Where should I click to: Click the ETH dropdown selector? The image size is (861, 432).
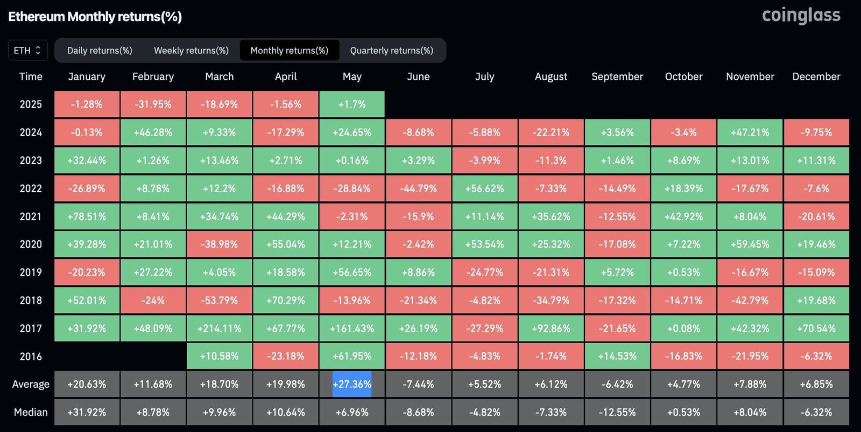click(x=27, y=50)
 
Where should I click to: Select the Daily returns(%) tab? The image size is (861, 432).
click(x=100, y=50)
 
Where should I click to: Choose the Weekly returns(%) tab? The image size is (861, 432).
click(x=191, y=50)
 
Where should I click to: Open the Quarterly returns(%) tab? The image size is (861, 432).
click(x=391, y=50)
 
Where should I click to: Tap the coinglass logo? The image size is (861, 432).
click(x=801, y=16)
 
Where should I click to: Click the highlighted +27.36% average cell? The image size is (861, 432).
click(x=352, y=384)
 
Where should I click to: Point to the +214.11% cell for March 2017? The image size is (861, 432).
click(x=219, y=328)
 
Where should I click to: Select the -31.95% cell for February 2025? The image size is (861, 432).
click(x=153, y=104)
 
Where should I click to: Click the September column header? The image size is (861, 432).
click(x=617, y=76)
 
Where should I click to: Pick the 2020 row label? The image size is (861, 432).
click(x=31, y=244)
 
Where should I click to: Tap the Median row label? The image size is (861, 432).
click(x=31, y=412)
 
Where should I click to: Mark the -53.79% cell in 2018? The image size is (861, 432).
click(x=219, y=300)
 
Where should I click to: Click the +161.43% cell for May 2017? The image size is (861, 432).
click(x=352, y=328)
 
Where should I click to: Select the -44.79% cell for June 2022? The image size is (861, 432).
click(x=418, y=189)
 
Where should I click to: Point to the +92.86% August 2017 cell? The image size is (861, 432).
click(x=551, y=328)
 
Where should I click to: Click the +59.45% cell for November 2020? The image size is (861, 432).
click(x=750, y=244)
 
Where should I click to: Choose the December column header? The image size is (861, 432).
click(x=816, y=76)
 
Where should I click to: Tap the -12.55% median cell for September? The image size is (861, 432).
click(x=617, y=412)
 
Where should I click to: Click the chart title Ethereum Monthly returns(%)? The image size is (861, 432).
click(x=95, y=17)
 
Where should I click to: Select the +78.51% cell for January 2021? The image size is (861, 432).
click(x=87, y=217)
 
